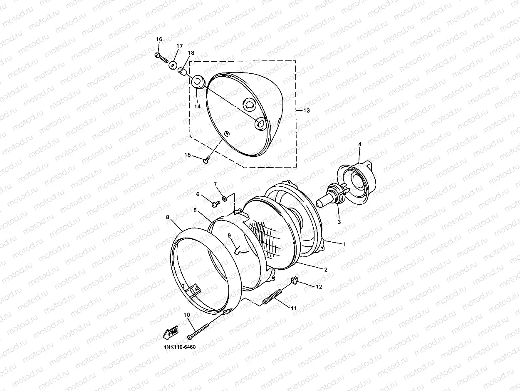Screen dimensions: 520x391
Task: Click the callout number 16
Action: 159,39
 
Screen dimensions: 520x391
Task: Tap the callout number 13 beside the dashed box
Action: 306,110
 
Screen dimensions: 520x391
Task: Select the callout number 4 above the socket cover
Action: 359,144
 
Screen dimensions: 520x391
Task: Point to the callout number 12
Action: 319,287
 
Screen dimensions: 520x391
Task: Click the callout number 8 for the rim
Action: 168,217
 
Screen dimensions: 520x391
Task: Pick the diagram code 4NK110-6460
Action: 180,347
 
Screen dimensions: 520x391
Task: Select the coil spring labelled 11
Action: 272,297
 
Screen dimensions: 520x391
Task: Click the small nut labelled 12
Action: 295,281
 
